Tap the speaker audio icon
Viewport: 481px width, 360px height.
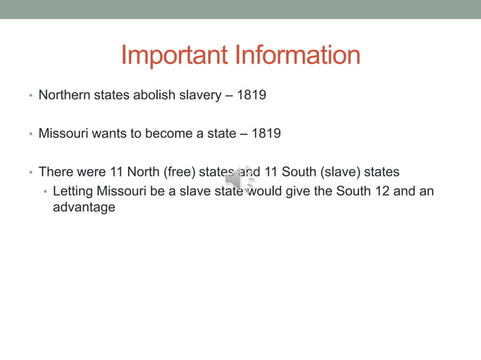(240, 180)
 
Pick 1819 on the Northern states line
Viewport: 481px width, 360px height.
(251, 96)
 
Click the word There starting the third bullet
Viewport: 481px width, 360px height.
(55, 172)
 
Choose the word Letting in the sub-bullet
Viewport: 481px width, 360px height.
(73, 191)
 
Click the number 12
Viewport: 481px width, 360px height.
(382, 191)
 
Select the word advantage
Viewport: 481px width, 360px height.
(84, 207)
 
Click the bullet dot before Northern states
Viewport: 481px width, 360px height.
(30, 96)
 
